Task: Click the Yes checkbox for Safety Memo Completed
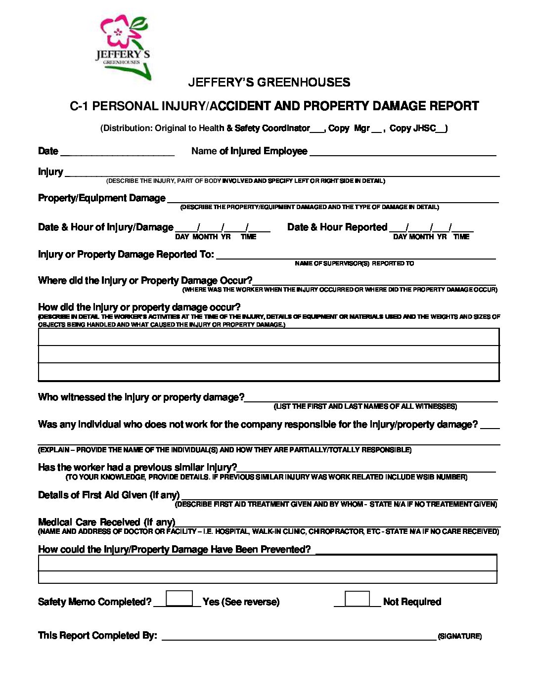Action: click(179, 598)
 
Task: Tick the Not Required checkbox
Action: click(357, 598)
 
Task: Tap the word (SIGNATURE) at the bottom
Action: click(459, 636)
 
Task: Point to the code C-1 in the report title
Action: click(79, 106)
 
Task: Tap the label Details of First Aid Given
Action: click(109, 495)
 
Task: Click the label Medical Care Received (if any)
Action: click(107, 522)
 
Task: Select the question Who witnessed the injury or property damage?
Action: click(141, 397)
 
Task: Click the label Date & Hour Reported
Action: click(337, 227)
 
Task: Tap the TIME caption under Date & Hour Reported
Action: click(461, 237)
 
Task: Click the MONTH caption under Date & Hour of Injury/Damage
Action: click(205, 237)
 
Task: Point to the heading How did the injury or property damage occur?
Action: click(139, 307)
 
